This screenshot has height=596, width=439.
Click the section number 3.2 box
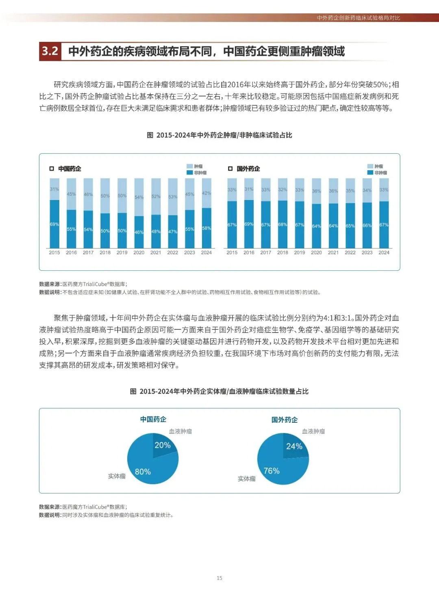click(50, 51)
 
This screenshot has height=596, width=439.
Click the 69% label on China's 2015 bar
click(54, 224)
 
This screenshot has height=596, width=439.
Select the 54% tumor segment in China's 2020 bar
click(139, 197)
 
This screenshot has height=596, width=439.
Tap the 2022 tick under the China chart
click(173, 252)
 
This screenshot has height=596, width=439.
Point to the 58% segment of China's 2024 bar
click(206, 228)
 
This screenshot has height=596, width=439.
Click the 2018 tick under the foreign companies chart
click(283, 252)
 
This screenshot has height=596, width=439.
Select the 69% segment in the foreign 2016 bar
click(249, 224)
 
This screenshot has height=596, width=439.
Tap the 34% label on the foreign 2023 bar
click(367, 190)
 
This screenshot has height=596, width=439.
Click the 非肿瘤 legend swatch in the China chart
click(189, 173)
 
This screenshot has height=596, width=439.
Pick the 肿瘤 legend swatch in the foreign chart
click(370, 166)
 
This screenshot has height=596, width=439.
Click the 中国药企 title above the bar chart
click(70, 169)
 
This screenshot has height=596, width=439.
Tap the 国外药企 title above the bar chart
click(248, 169)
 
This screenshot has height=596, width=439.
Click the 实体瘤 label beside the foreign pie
click(247, 479)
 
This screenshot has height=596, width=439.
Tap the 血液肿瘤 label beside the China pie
click(180, 431)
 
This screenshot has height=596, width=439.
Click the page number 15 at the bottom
click(219, 578)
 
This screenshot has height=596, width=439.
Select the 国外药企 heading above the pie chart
click(285, 420)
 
